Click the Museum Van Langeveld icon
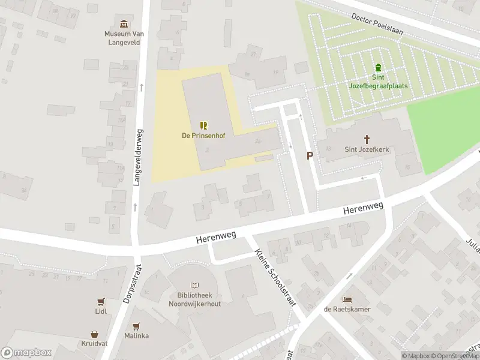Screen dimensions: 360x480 [124, 24]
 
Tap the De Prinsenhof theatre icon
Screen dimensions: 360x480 [203, 125]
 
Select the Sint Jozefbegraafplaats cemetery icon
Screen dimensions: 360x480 [378, 67]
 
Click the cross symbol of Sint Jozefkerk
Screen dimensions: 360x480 [367, 139]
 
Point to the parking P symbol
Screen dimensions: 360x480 [310, 156]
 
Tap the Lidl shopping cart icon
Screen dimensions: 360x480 [100, 302]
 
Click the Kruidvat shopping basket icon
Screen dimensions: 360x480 [95, 334]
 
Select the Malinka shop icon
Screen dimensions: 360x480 [136, 326]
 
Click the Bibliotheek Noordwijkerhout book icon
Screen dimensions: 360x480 [194, 286]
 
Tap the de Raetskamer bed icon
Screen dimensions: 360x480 [347, 299]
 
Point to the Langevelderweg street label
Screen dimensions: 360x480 [137, 157]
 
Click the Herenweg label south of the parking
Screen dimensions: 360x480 [362, 209]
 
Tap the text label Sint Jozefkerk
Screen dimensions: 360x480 [367, 149]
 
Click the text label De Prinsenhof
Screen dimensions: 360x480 [203, 136]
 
